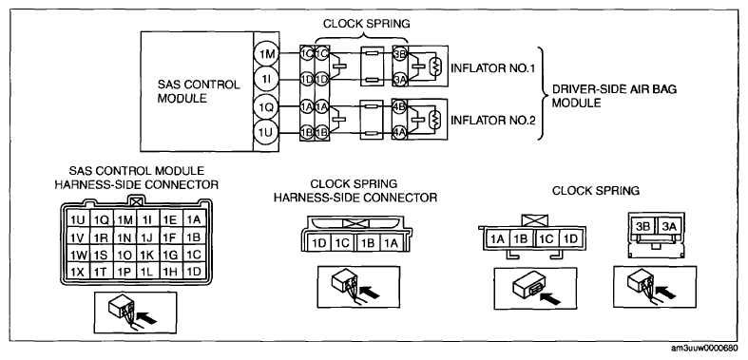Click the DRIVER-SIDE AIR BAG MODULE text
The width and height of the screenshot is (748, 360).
614,96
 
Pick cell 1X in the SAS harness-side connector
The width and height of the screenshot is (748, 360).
77,272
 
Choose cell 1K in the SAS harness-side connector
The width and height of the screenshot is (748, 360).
147,255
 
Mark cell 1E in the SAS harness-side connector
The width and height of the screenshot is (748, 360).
170,219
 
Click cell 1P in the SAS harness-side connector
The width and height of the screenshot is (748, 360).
124,272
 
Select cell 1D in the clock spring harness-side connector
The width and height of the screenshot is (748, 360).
319,243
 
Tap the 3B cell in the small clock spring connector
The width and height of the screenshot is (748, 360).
643,226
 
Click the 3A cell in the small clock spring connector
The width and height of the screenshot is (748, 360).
669,226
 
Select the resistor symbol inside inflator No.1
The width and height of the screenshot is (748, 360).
434,66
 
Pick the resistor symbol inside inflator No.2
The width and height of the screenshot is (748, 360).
434,119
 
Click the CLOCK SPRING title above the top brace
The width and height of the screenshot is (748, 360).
366,23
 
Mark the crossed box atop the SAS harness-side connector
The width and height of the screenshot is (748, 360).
136,201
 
